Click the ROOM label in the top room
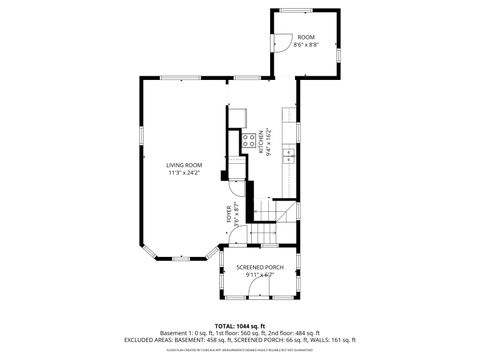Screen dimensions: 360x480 coord(305,37)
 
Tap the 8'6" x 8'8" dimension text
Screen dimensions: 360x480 coord(305,45)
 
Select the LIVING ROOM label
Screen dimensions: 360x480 coord(184,165)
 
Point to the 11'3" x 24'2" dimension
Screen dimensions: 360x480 coord(184,173)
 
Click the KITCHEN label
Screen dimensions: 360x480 coord(261,141)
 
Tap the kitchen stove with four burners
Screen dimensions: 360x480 coord(244,141)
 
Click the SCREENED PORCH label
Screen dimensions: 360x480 coord(260,267)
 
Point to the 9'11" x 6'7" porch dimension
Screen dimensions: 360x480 coord(260,275)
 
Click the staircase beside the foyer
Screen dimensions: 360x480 coord(266,233)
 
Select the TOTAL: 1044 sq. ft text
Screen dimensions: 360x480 coord(239,326)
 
